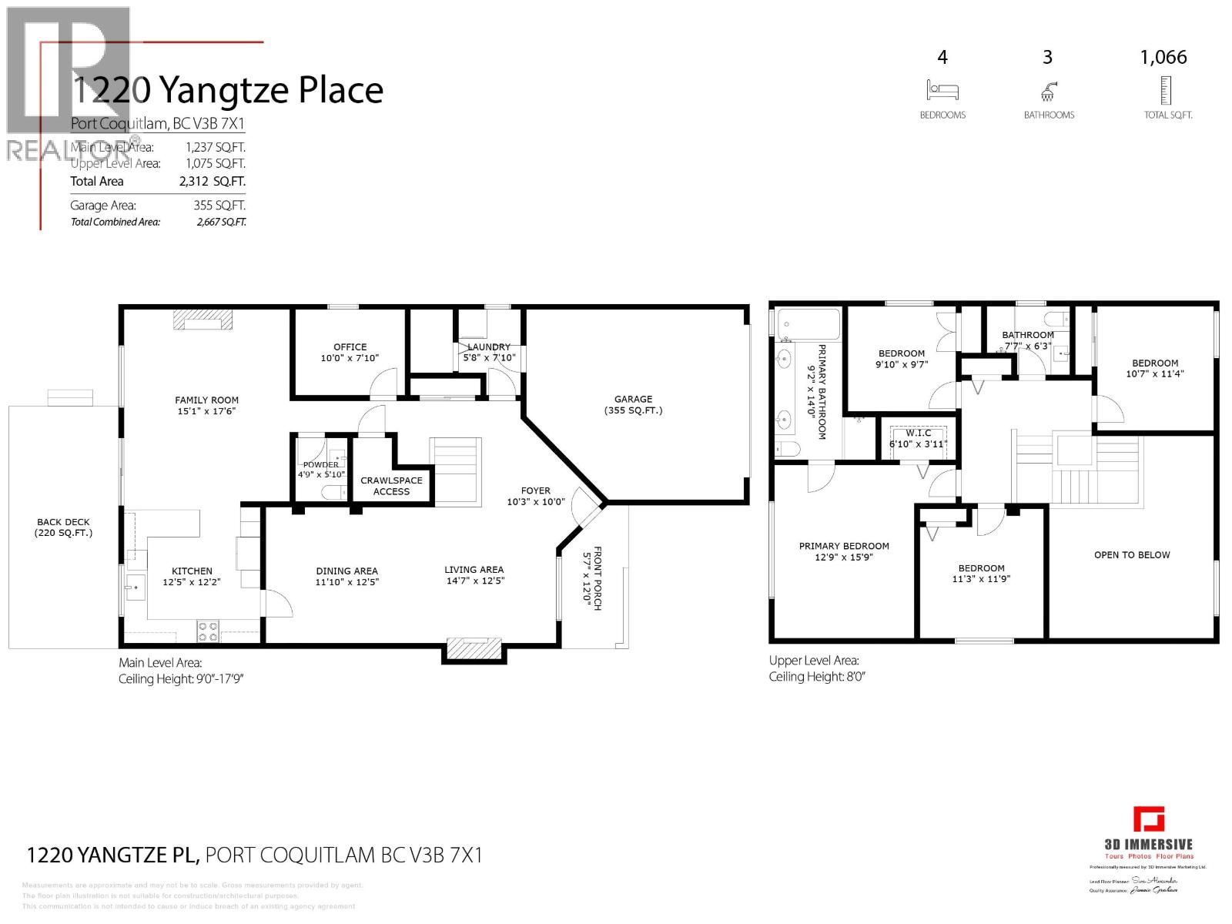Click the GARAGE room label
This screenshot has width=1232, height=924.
tap(633, 399)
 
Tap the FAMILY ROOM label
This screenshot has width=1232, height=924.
tap(206, 400)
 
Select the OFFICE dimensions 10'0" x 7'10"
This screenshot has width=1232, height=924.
tap(350, 358)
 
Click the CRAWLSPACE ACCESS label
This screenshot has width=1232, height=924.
tap(391, 485)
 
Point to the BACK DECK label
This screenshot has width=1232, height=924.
tap(63, 527)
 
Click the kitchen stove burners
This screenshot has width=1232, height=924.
tap(208, 631)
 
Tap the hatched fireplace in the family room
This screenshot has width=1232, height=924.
tap(202, 320)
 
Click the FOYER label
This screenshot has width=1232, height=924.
tap(535, 490)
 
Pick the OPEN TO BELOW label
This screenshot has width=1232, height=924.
tap(1131, 554)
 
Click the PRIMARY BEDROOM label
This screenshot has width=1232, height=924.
tap(844, 546)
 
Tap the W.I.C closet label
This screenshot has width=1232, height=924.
tap(918, 434)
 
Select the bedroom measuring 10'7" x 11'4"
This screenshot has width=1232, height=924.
tap(1154, 368)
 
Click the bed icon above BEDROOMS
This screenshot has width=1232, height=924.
tap(942, 90)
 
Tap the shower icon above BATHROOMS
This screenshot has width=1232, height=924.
tap(1047, 92)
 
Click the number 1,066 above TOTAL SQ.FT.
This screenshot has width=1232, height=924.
tap(1163, 57)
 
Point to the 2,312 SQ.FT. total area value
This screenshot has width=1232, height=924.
tap(216, 182)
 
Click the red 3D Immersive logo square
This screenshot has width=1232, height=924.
tap(1148, 819)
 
